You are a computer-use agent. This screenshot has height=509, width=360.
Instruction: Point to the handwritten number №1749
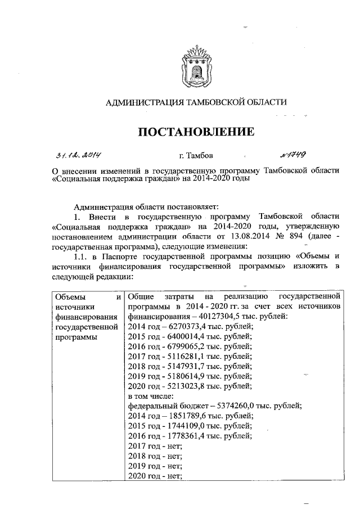pyautogui.click(x=291, y=154)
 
